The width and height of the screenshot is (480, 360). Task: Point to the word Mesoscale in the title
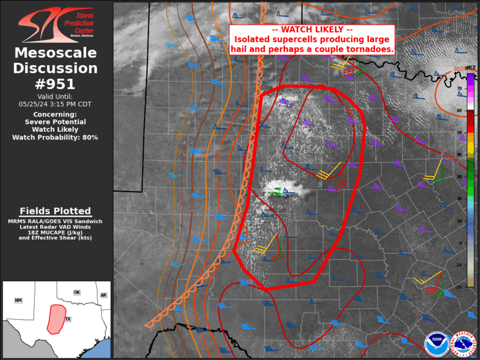tap(56, 53)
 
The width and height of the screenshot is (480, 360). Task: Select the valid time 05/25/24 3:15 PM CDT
tap(56, 104)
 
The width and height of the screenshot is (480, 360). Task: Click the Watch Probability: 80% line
tap(56, 137)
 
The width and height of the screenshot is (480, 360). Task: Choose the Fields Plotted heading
tap(55, 211)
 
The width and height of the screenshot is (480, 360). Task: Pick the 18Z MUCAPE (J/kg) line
tap(55, 232)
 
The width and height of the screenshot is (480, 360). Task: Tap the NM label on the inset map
tap(18, 300)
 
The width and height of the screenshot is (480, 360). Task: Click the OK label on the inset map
tap(77, 292)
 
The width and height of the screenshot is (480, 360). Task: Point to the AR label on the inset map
tap(103, 295)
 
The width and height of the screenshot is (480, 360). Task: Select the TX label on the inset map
tap(68, 319)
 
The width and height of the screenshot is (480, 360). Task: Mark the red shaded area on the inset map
tap(56, 318)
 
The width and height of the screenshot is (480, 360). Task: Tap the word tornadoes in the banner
tap(372, 49)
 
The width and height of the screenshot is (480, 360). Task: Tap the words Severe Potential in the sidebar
tap(56, 122)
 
